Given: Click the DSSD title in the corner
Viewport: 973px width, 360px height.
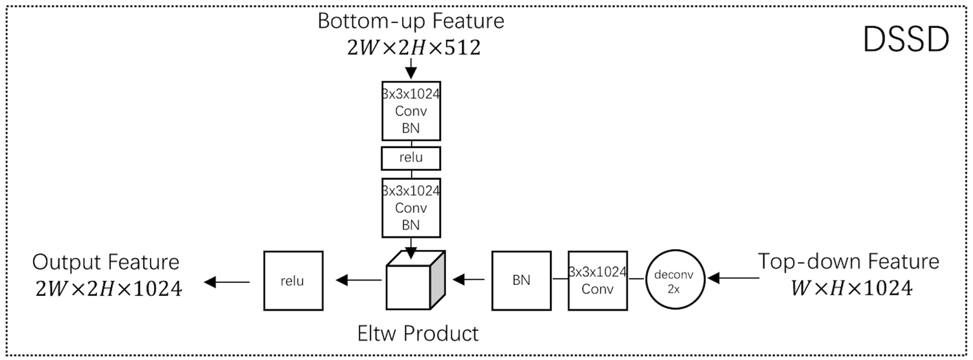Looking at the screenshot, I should pos(905,41).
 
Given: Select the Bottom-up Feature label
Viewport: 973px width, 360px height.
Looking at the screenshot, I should pos(411,20).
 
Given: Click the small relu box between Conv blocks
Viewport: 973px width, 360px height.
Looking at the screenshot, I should pos(411,159).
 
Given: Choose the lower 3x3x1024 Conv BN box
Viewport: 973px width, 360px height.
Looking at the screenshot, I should pos(411,207).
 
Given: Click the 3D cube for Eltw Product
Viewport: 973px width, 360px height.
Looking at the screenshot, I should pos(414,280).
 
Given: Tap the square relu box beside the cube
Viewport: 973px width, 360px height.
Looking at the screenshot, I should pos(292,280).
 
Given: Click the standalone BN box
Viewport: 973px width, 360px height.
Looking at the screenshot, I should pos(521,280).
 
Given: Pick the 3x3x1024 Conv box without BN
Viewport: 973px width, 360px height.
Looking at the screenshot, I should pos(598,280).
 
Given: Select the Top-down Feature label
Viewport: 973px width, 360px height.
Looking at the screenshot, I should pos(848,261).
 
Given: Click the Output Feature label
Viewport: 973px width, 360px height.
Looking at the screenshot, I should pos(106,262).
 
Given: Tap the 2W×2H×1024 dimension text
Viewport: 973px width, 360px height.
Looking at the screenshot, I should pos(108,290).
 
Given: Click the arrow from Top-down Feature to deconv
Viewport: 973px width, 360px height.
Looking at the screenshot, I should pos(734,277).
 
